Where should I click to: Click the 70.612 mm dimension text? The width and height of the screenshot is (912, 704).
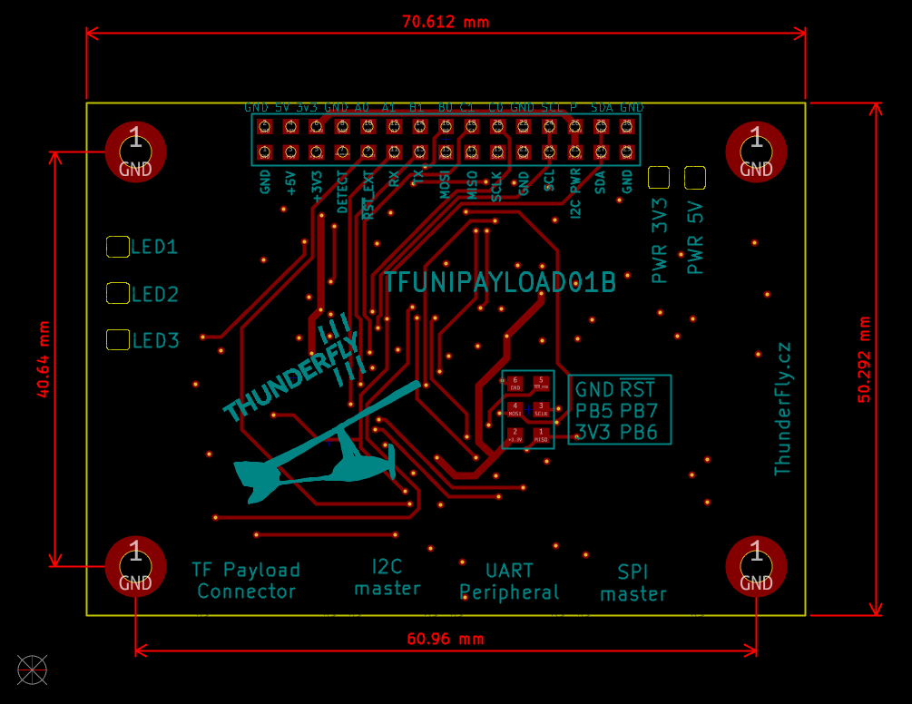[446, 22]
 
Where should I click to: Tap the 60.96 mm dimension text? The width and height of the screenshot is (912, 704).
[446, 639]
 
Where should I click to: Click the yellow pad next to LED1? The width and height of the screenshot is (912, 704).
[118, 246]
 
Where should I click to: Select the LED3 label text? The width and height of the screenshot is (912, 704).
[156, 341]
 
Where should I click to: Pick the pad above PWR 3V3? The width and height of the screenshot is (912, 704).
[659, 177]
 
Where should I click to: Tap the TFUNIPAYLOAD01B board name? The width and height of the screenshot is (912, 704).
[500, 282]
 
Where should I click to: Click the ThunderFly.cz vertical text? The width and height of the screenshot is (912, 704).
[782, 408]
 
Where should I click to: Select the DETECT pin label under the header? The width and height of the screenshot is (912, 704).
[342, 191]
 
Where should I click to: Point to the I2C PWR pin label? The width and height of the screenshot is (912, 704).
[575, 193]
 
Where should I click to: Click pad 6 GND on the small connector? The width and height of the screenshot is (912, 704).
[515, 383]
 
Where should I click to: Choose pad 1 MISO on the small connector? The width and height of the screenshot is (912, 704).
[542, 435]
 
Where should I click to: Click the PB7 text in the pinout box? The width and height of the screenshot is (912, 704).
[639, 410]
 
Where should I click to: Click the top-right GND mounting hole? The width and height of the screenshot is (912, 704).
[756, 151]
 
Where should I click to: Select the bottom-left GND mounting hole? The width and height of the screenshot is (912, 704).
[135, 566]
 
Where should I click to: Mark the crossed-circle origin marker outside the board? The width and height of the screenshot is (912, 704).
[32, 670]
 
